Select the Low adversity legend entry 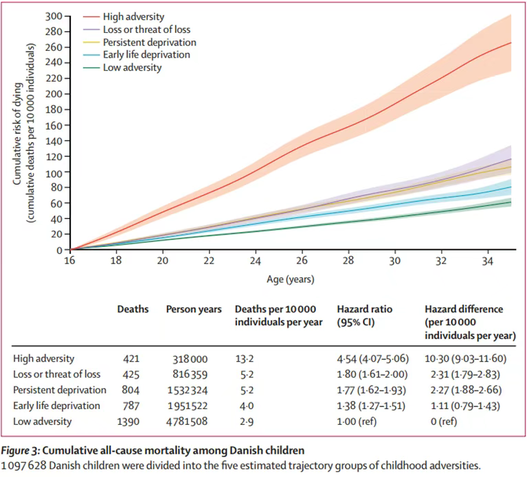(132, 67)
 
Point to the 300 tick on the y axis (54, 16)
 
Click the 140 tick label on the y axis (54, 141)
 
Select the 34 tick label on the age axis (489, 261)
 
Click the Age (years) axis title (291, 280)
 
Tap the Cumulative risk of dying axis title (18, 133)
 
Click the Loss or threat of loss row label (57, 374)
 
